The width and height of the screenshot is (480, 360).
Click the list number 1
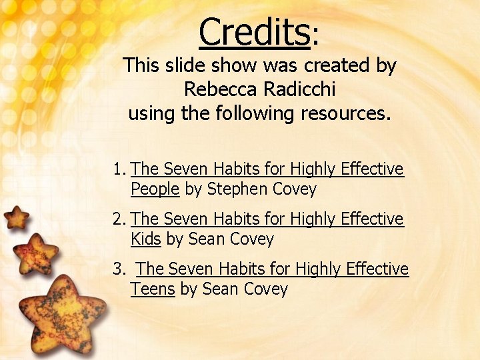click(x=118, y=169)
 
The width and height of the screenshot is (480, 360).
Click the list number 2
click(x=118, y=219)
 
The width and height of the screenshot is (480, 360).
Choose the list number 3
click(x=118, y=269)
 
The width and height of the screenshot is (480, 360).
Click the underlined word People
click(x=155, y=189)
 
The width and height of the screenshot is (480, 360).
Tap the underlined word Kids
click(x=146, y=239)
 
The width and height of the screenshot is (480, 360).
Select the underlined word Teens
click(x=153, y=289)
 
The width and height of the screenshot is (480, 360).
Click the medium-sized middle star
click(x=35, y=253)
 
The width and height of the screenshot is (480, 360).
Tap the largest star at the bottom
click(x=61, y=313)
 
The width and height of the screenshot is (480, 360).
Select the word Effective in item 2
click(x=373, y=219)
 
